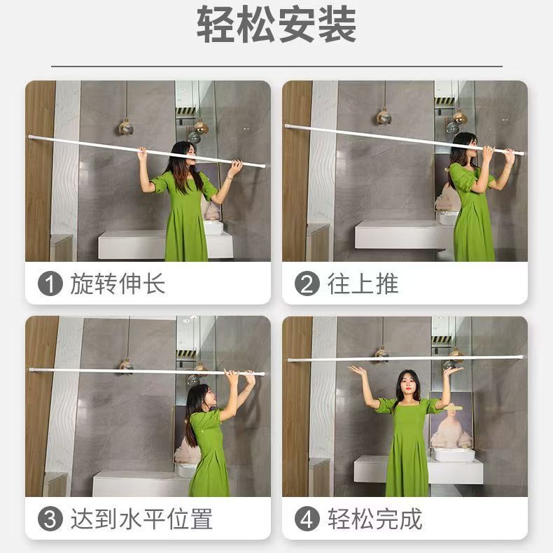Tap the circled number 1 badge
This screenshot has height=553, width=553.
(x=50, y=283)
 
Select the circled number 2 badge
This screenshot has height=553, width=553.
(x=307, y=283)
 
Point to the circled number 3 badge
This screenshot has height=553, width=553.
(x=50, y=519)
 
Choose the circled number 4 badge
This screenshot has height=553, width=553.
(x=307, y=519)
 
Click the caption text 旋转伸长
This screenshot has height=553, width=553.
(x=118, y=283)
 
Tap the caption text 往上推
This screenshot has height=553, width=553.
(x=363, y=283)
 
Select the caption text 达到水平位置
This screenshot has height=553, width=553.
(x=141, y=519)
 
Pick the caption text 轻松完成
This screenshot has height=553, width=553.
(x=375, y=519)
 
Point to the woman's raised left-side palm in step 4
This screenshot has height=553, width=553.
(x=357, y=370)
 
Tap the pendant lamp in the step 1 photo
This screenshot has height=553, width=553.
(x=126, y=127)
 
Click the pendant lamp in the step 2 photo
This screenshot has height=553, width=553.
(x=384, y=117)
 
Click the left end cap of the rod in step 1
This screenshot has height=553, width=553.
(x=31, y=136)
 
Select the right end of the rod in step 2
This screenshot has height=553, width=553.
(x=521, y=153)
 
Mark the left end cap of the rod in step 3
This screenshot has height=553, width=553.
(x=31, y=370)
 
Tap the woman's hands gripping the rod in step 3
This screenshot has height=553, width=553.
(x=241, y=376)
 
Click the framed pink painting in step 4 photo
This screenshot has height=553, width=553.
(x=451, y=421)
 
